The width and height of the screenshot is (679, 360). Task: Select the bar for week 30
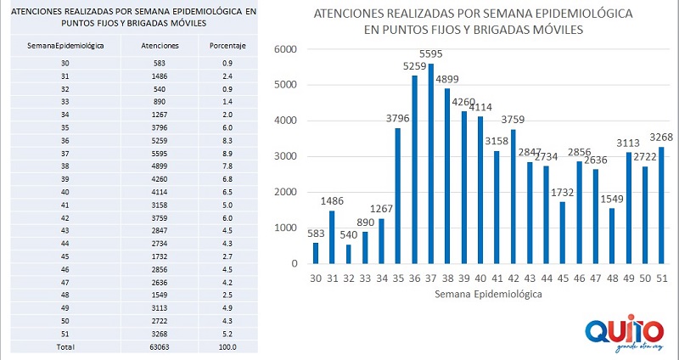(315, 252)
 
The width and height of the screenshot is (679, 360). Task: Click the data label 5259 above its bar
(414, 65)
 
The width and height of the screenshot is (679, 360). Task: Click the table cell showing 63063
(160, 346)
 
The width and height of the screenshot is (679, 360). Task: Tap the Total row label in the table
(65, 346)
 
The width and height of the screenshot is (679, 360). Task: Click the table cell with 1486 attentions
(160, 76)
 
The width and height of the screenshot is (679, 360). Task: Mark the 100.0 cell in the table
(227, 346)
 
